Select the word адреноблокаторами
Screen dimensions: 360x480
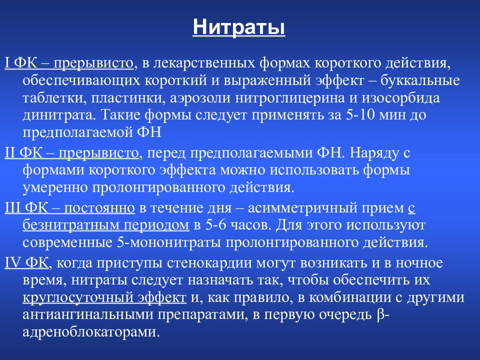tap(91, 332)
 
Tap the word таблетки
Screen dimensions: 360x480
tap(50, 98)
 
